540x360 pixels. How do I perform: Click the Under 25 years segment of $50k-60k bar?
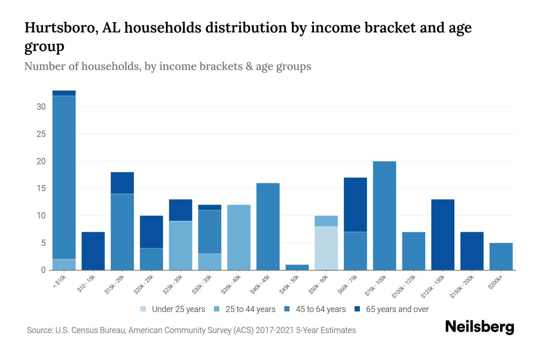[326, 248]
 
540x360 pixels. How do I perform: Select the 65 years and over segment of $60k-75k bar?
[355, 205]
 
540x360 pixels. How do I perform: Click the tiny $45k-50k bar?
[297, 267]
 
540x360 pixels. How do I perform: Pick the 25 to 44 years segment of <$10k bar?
[64, 264]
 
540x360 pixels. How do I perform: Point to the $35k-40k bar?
[239, 237]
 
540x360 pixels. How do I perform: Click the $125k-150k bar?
[442, 234]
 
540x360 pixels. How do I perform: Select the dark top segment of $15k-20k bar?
[122, 183]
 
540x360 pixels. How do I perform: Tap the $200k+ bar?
[501, 256]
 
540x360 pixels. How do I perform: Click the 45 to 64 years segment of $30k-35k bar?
[210, 232]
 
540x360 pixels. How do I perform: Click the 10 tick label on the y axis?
[41, 216]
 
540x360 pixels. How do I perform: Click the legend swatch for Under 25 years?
[143, 309]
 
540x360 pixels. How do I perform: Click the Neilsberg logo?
[479, 327]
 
